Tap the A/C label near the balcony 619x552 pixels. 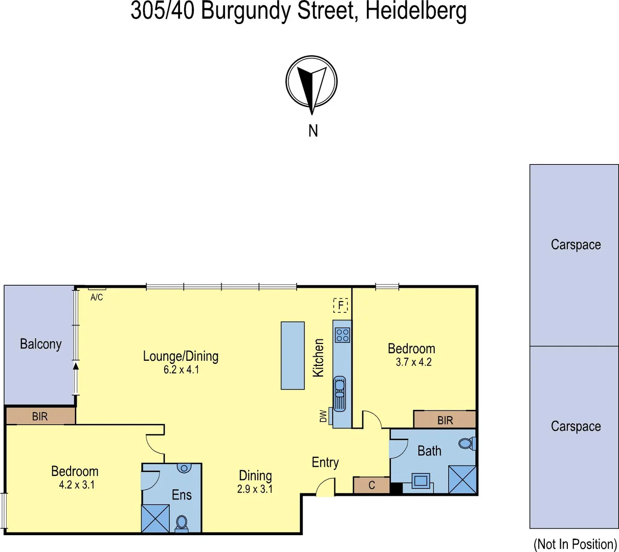point(97,297)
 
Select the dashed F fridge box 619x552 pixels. point(341,306)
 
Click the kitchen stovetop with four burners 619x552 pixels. point(342,335)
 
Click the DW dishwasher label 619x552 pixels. point(323,416)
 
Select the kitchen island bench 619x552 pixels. point(293,355)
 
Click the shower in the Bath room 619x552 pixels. point(462,479)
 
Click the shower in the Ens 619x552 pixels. point(156,518)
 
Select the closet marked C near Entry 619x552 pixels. point(372,485)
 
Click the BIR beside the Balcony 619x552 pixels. point(40,416)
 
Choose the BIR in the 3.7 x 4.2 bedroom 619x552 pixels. point(445,420)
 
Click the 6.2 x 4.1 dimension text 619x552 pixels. point(181,370)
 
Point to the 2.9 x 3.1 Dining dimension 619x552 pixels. point(255,489)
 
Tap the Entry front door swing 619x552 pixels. point(326,487)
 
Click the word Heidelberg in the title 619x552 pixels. point(415,11)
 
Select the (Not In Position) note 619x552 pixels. point(575,544)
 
